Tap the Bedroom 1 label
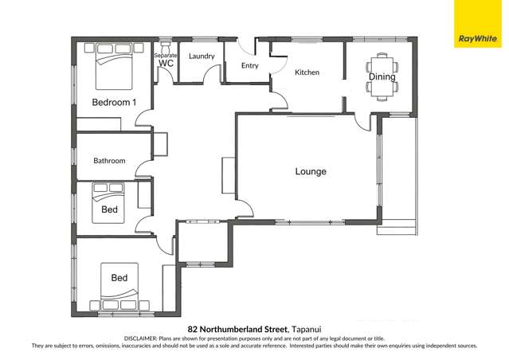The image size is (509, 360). (114, 102)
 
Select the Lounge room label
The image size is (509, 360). (311, 171)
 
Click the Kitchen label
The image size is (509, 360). (307, 72)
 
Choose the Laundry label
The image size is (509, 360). (201, 56)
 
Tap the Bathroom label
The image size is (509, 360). (109, 160)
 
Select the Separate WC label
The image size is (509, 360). (166, 59)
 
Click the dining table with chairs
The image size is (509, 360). (380, 76)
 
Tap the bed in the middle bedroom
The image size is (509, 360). (108, 201)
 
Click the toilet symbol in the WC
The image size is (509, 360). (166, 48)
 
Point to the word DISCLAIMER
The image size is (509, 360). (144, 338)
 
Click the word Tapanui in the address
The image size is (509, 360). (307, 328)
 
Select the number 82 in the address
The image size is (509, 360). (192, 328)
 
